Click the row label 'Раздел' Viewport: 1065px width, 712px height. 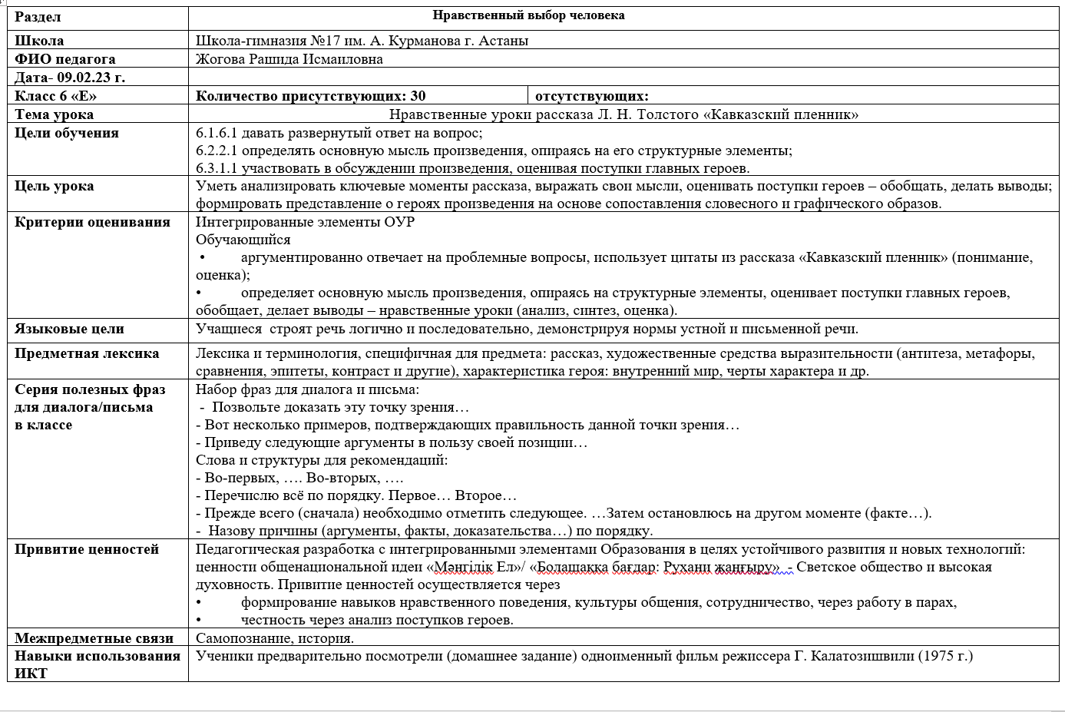coord(38,17)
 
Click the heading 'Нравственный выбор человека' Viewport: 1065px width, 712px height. coord(528,15)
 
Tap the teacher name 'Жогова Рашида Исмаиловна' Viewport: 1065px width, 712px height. coord(289,59)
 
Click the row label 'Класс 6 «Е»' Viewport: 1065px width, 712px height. coord(56,96)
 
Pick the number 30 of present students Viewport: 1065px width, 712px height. coord(418,96)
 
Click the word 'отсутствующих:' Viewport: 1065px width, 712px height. coord(591,96)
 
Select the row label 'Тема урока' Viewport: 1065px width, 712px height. coord(54,114)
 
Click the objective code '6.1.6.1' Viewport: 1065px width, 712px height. coord(217,133)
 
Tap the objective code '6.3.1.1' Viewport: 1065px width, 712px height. coord(217,168)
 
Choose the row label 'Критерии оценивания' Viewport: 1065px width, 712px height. coord(92,222)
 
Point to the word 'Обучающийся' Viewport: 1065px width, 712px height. coord(243,240)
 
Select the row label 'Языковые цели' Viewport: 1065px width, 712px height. coord(69,329)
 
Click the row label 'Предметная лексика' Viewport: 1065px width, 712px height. coord(87,353)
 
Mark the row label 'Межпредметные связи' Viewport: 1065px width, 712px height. coord(94,638)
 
